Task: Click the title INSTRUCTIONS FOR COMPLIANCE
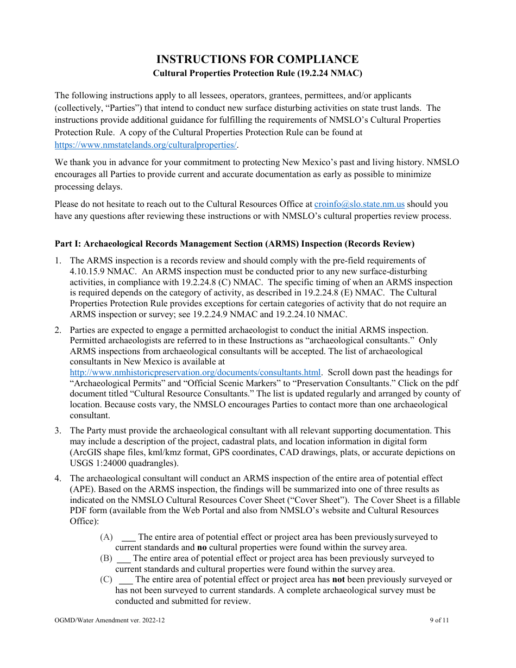click(x=257, y=59)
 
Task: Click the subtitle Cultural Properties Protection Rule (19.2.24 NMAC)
click(x=257, y=73)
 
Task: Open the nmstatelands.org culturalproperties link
click(x=146, y=145)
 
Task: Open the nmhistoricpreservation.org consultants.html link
click(x=196, y=373)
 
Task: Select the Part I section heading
click(x=234, y=243)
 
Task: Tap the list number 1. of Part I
click(x=58, y=261)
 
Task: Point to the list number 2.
click(x=58, y=330)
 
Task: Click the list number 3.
click(x=58, y=431)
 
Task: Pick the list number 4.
click(x=58, y=478)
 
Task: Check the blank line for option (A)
click(x=128, y=538)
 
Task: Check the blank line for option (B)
click(x=124, y=559)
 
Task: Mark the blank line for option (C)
click(x=125, y=580)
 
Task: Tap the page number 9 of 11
click(x=438, y=620)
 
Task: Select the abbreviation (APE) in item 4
click(x=80, y=489)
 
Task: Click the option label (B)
click(x=106, y=558)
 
